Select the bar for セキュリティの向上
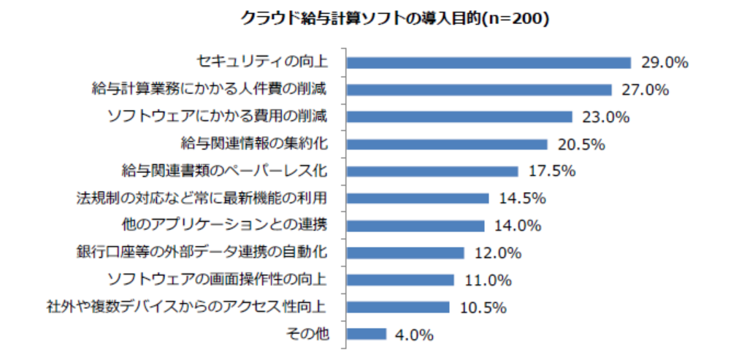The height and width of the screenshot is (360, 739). [489, 63]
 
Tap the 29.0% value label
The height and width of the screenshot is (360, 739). [665, 63]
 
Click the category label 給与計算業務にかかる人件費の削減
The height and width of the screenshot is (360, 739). [209, 89]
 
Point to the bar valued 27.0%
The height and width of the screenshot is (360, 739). [479, 90]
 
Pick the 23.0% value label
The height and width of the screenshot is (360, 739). [605, 117]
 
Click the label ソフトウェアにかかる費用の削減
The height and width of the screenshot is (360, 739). [217, 116]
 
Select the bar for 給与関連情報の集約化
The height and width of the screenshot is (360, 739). [447, 144]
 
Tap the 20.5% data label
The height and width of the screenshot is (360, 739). [581, 144]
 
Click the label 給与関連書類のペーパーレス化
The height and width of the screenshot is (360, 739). [224, 171]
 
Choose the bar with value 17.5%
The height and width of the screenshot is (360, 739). [432, 171]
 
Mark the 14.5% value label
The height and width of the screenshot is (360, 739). [523, 199]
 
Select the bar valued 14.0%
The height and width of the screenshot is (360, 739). [416, 226]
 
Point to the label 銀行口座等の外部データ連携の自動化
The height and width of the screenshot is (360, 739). [202, 253]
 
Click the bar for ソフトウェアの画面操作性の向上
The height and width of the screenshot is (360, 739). [400, 280]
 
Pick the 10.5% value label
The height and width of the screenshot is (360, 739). [483, 307]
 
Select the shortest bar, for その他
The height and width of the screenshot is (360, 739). [366, 334]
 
